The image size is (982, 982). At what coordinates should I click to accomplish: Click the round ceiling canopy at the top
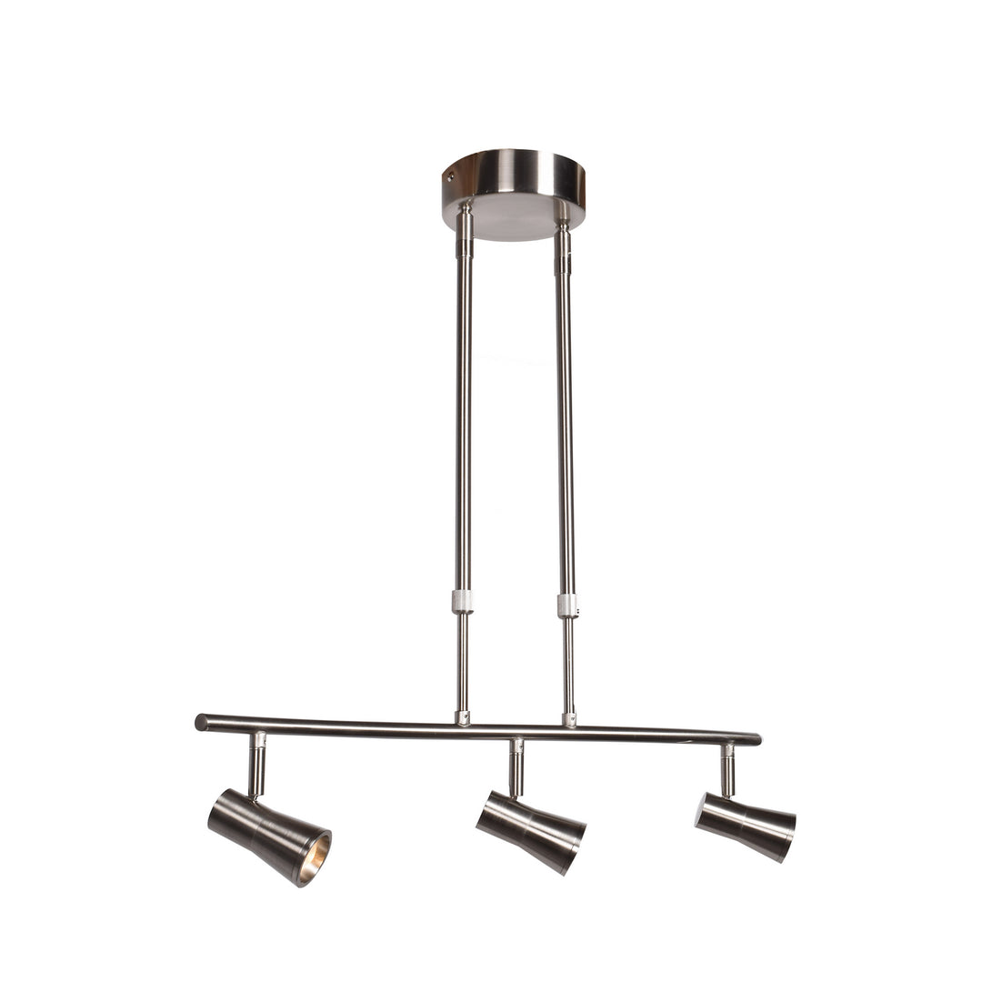point(514,177)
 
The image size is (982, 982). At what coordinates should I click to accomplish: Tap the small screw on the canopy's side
point(449,177)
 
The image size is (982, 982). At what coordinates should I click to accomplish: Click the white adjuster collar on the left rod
point(463,601)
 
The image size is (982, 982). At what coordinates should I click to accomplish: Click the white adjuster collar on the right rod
point(567,605)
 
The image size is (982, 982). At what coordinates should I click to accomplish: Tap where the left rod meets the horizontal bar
point(463,717)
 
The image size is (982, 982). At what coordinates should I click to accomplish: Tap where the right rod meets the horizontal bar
point(569,719)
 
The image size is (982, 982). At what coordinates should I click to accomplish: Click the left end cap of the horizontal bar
point(201,723)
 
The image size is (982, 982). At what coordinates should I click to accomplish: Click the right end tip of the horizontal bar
point(756,739)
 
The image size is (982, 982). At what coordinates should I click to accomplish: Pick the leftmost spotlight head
point(268,835)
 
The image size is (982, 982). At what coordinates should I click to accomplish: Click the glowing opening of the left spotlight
point(314,858)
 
